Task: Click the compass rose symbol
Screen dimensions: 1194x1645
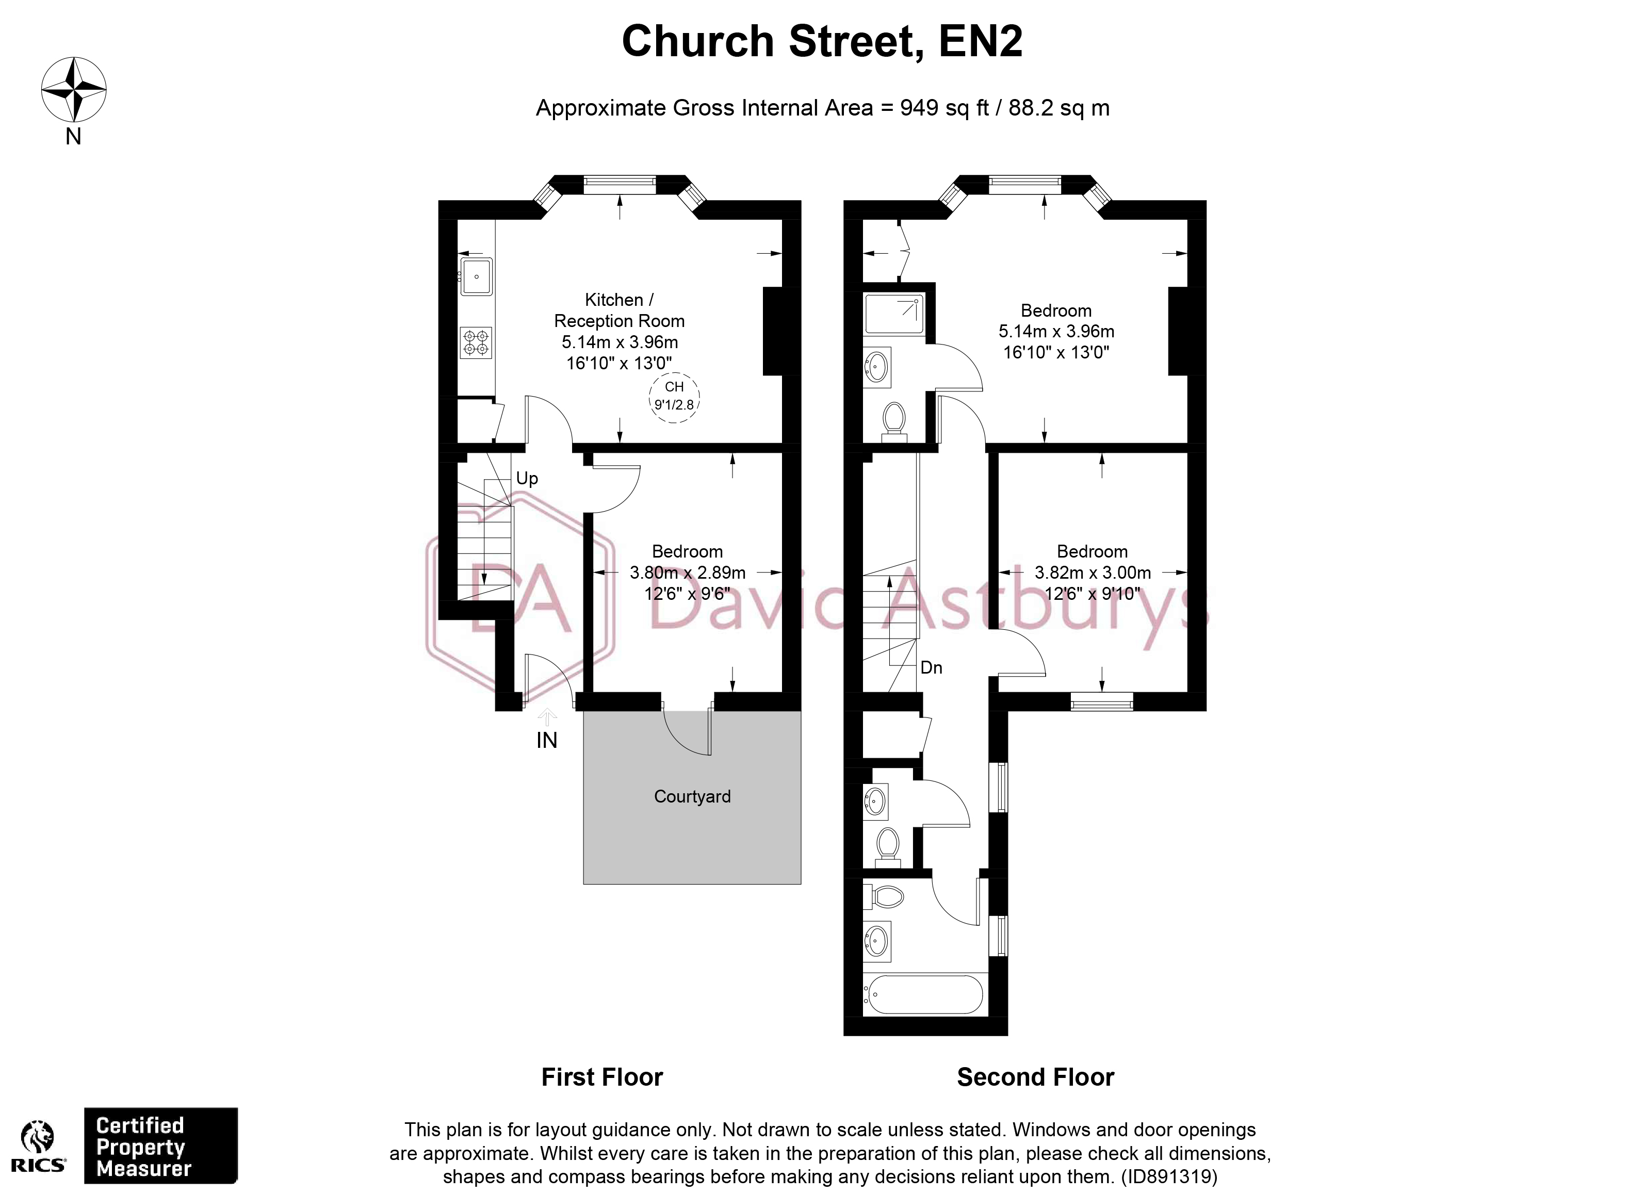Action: tap(73, 90)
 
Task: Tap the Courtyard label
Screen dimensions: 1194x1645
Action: tap(692, 796)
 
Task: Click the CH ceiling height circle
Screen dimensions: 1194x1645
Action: tap(674, 397)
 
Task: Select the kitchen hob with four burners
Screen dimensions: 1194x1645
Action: tap(476, 342)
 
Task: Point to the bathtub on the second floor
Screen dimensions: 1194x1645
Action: tap(925, 994)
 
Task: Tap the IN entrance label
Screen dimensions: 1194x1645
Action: tap(547, 741)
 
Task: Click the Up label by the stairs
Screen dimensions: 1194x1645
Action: tap(527, 479)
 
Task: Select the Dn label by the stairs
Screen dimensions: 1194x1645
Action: tap(931, 668)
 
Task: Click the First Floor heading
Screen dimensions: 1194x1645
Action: tap(602, 1077)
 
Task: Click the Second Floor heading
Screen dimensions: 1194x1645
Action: tap(1035, 1077)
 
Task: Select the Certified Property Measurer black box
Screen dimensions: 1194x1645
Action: tap(160, 1146)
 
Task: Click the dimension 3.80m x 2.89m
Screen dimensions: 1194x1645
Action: tap(687, 573)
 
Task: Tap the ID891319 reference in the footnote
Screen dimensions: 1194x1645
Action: tap(1169, 1176)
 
